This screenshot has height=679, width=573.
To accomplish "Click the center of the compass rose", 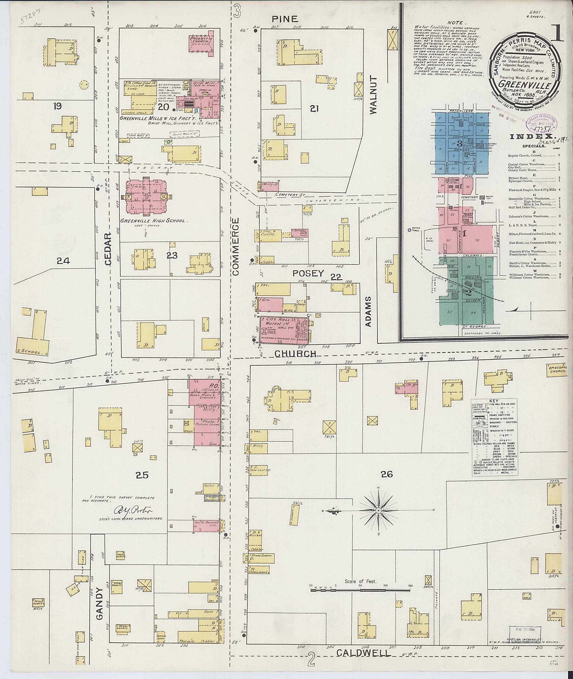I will point(379,510).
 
